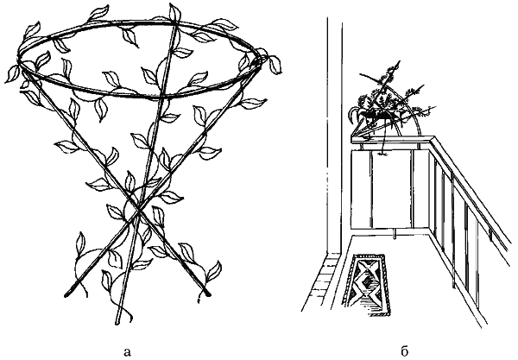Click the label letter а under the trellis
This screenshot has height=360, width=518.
click(127, 352)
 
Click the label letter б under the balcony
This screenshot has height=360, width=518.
click(405, 351)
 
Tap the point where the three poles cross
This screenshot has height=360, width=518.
click(137, 210)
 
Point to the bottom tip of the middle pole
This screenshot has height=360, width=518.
click(117, 324)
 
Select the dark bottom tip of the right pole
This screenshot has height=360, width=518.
click(207, 293)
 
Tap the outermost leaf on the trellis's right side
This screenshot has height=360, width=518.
click(275, 65)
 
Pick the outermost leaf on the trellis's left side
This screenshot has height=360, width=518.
click(12, 73)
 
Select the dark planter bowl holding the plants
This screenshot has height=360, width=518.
click(377, 114)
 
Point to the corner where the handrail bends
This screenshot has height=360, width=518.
click(432, 139)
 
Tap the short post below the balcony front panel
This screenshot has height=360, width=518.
click(394, 233)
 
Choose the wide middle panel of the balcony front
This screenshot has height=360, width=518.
click(391, 188)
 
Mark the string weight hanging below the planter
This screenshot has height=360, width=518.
click(382, 154)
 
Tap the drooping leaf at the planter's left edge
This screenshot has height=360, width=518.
click(353, 117)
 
